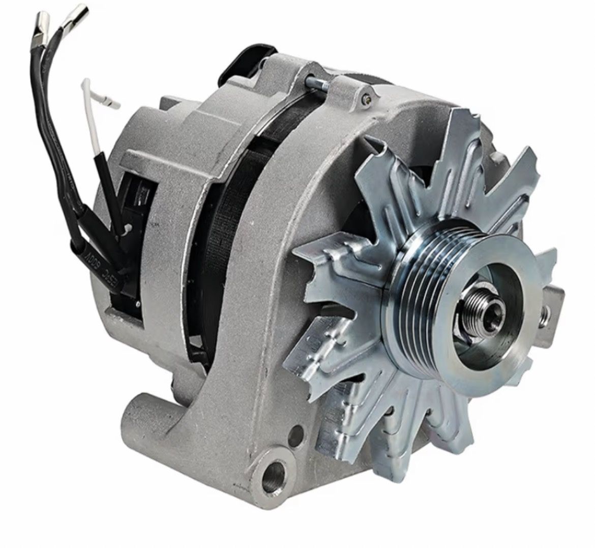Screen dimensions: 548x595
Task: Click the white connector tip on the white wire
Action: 112,104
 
